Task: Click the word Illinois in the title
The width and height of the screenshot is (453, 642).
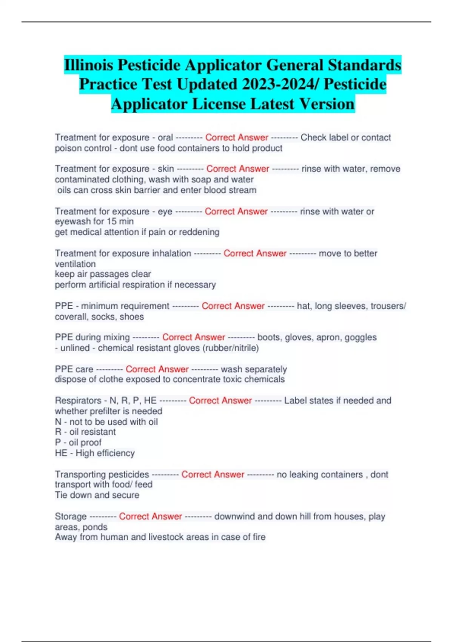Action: click(x=88, y=65)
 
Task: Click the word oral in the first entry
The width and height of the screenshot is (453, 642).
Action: click(x=165, y=137)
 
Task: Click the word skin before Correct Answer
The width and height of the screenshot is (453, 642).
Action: click(x=166, y=169)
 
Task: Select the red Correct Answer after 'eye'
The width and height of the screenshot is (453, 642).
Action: click(x=236, y=211)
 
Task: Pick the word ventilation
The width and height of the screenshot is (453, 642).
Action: click(x=75, y=264)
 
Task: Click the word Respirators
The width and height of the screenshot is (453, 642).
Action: click(x=78, y=400)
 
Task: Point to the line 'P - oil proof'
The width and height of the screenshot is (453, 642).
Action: click(x=78, y=443)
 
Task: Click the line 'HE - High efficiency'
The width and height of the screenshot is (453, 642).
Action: click(x=95, y=453)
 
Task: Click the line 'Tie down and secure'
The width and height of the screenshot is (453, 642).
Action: click(x=97, y=495)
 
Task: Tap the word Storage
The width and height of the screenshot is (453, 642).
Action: click(x=71, y=516)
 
